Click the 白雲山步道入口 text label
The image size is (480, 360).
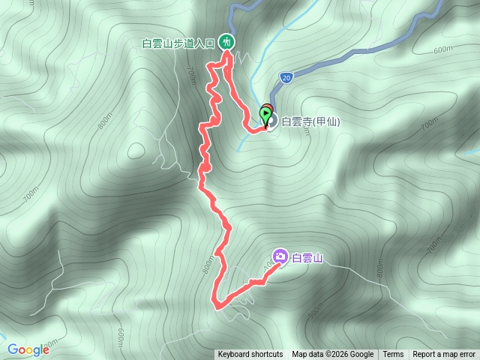pyautogui.click(x=178, y=43)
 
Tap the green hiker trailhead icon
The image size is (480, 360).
pyautogui.click(x=226, y=43)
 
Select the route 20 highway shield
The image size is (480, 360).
pyautogui.click(x=287, y=77)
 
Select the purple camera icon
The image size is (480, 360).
pyautogui.click(x=280, y=257)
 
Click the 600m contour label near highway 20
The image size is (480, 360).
pyautogui.click(x=443, y=49)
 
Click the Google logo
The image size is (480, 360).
pyautogui.click(x=28, y=349)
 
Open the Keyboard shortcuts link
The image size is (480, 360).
pyautogui.click(x=250, y=355)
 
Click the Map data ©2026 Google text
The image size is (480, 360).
pyautogui.click(x=332, y=355)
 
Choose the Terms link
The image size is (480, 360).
pyautogui.click(x=393, y=355)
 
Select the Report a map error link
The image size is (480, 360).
pyautogui.click(x=444, y=355)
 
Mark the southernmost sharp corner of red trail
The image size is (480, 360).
pyautogui.click(x=217, y=306)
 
